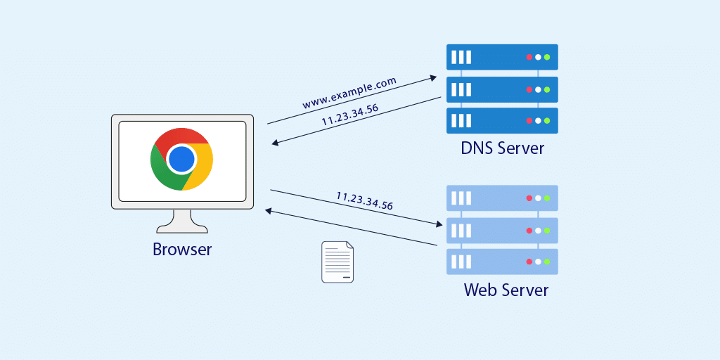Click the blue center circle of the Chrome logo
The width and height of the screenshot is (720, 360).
(181, 159)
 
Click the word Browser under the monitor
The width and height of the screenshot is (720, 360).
(182, 250)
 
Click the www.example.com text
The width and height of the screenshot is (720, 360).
(349, 93)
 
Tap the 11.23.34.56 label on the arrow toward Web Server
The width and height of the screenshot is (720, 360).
(364, 201)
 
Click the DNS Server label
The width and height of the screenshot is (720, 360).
(502, 148)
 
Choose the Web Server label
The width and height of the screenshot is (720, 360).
(506, 290)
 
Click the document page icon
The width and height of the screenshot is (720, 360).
(337, 262)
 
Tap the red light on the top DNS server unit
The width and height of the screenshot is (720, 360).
(529, 57)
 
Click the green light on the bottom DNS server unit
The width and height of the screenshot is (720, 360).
(546, 120)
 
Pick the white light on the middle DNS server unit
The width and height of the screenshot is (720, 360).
(538, 89)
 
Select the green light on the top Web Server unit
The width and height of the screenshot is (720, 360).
(546, 198)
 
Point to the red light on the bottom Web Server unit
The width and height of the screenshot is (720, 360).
(529, 262)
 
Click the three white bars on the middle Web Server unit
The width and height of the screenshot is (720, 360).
(461, 230)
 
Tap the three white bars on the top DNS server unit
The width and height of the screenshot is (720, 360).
(461, 57)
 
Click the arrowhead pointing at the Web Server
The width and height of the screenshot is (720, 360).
(439, 224)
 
